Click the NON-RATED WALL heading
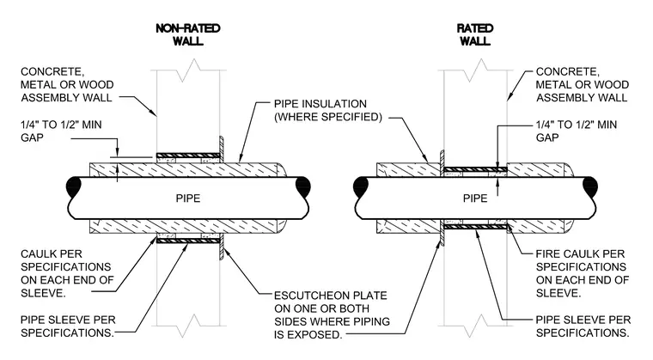188,34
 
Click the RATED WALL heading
475,34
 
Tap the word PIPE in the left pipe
188,198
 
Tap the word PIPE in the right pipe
475,198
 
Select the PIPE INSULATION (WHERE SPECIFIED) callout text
327,111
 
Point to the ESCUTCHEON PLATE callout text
332,315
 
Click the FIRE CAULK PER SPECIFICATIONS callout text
583,273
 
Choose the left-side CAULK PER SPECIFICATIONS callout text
67,273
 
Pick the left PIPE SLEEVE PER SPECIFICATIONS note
68,326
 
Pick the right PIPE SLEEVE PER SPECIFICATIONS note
583,326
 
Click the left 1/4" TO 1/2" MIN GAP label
61,131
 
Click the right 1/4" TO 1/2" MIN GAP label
577,131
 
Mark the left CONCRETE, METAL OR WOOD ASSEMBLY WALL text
67,84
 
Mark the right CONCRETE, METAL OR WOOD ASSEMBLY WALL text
583,84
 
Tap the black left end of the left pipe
75,186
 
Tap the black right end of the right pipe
590,186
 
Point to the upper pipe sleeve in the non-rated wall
188,156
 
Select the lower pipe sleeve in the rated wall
475,227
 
